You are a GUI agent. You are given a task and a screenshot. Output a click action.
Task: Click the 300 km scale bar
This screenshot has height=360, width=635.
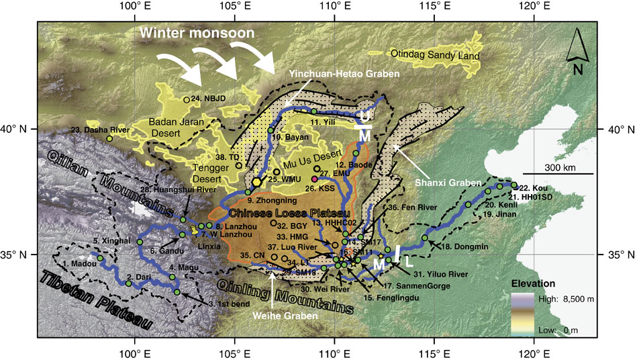pos(558,174)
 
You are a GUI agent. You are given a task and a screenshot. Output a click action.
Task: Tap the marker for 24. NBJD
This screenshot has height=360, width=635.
pos(187,100)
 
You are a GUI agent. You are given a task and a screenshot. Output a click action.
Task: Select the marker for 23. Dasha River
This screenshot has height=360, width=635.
pos(109,138)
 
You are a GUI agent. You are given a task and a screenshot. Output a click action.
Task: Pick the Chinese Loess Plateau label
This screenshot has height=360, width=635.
pos(290,213)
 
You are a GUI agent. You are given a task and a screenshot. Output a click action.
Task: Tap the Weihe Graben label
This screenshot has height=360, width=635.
pos(271,292)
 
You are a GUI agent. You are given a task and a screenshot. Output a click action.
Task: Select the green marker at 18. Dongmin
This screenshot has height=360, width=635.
pos(424,238)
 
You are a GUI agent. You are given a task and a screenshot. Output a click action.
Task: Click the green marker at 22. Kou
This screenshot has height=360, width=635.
pos(514,185)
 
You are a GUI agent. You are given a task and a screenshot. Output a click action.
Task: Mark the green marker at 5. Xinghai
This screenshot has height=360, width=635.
pos(140,242)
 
